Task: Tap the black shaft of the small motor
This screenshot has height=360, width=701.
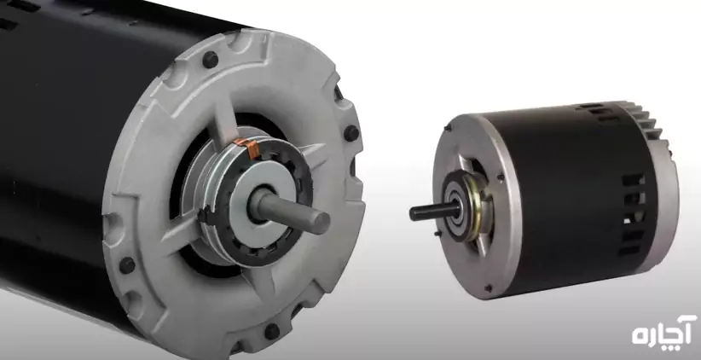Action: pos(434,211)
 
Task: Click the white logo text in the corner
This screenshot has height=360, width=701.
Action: pos(663,331)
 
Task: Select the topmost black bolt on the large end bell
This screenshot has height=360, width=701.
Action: pos(210,60)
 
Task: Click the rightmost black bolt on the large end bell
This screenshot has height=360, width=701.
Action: pos(351,133)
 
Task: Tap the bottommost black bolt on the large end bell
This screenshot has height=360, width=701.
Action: pos(272,331)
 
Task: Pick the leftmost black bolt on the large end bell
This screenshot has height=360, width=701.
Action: pos(127,265)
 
